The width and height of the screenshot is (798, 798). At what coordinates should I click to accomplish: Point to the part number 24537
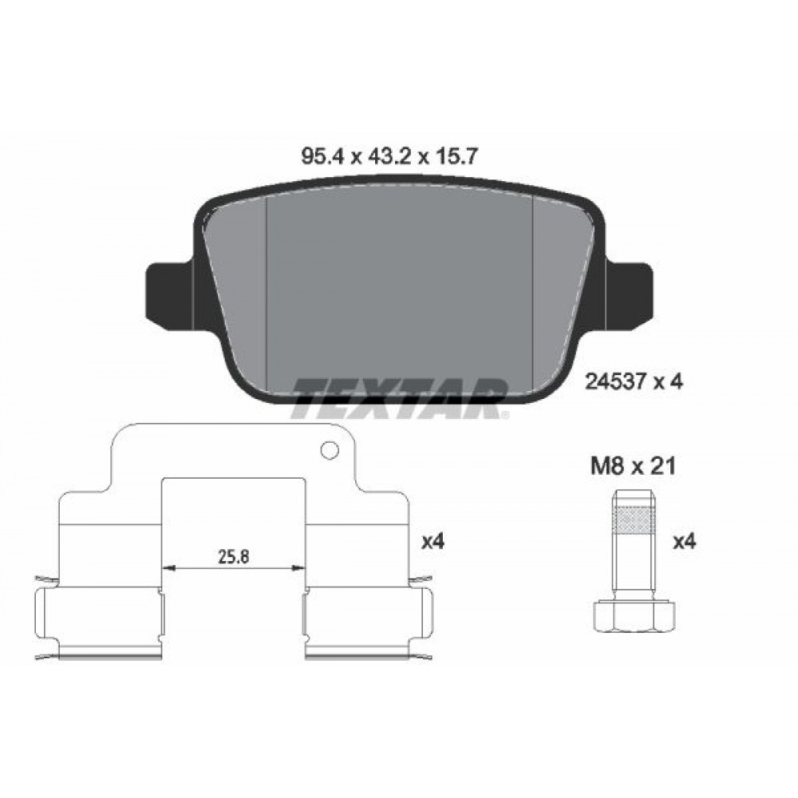pyautogui.click(x=615, y=381)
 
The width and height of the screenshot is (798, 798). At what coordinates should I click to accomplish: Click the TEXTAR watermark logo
pyautogui.click(x=400, y=398)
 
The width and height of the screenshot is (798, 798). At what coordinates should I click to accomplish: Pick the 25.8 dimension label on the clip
pyautogui.click(x=234, y=557)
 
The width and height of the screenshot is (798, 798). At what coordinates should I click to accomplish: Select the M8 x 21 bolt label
pyautogui.click(x=633, y=466)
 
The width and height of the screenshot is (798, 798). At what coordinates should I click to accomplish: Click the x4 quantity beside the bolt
pyautogui.click(x=685, y=542)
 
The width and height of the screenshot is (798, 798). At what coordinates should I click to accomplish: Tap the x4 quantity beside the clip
pyautogui.click(x=433, y=542)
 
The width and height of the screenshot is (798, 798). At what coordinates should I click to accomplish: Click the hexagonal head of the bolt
pyautogui.click(x=634, y=617)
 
